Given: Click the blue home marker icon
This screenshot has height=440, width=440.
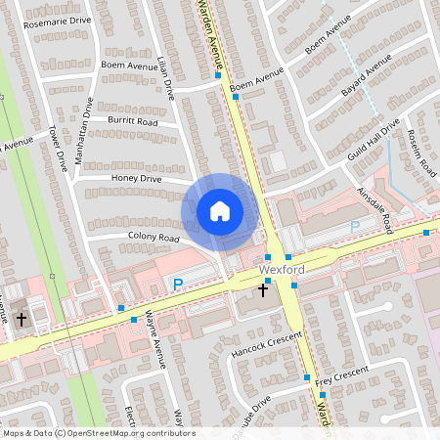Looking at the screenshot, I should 220,210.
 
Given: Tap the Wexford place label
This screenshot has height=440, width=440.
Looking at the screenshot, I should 282,269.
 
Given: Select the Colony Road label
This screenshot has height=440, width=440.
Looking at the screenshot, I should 154,238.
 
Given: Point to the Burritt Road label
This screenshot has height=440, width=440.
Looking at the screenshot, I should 134,122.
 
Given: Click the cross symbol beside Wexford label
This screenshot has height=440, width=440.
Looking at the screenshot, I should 263,289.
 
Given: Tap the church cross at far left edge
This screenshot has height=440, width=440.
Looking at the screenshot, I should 21,319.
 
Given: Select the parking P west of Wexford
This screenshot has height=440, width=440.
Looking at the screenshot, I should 177,285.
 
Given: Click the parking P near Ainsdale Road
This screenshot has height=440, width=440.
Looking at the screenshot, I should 355,226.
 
